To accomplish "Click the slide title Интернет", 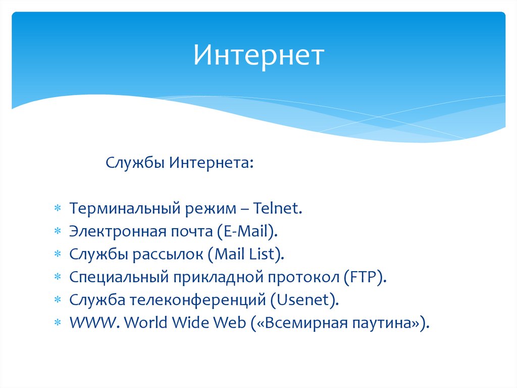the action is click(259, 55).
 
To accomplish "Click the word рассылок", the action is click(168, 254).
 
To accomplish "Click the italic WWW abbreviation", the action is click(92, 323).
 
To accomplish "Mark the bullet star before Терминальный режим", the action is click(58, 208).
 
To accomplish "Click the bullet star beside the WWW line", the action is click(58, 322).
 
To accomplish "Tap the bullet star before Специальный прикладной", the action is click(58, 277).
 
